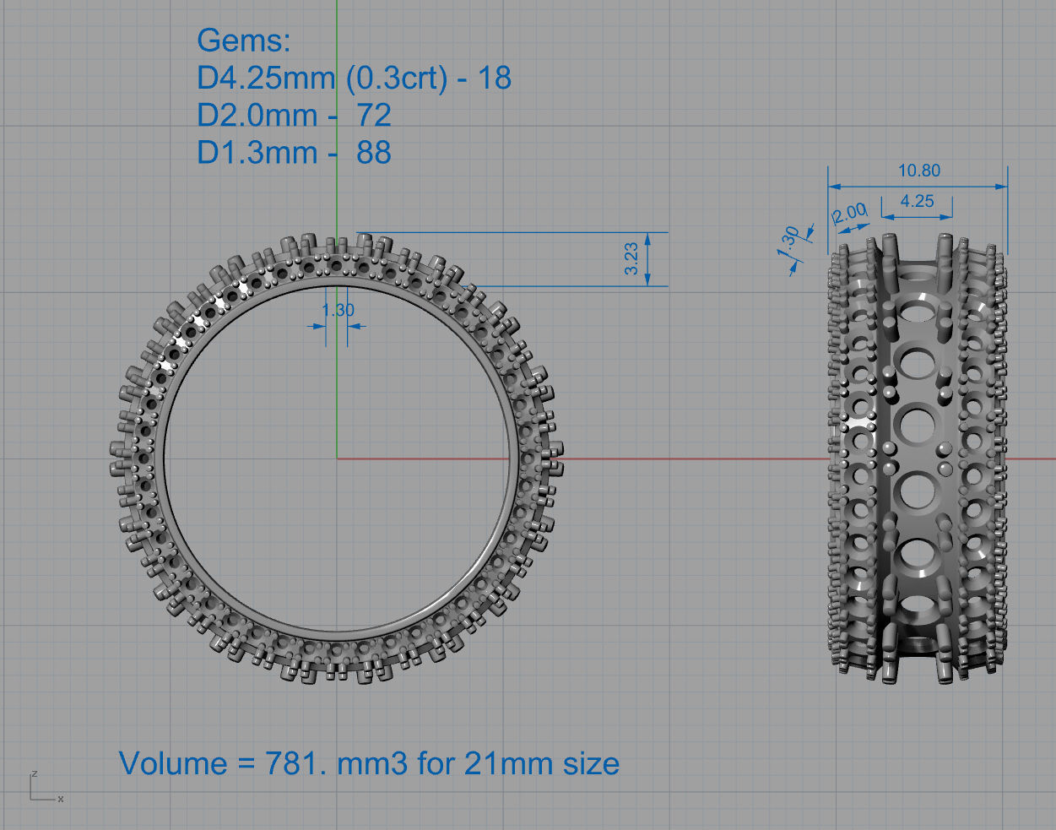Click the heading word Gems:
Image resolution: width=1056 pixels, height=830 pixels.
(x=243, y=41)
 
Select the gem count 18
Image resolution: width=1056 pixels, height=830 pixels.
(x=495, y=78)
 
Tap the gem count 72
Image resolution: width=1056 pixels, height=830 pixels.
(x=373, y=115)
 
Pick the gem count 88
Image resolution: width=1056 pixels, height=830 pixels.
(x=373, y=153)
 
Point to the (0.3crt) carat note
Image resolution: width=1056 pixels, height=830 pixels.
(x=397, y=78)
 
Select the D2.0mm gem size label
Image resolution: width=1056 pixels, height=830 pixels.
(x=257, y=115)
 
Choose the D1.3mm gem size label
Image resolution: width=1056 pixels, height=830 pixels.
(x=257, y=153)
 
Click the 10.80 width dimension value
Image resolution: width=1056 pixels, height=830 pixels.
(x=918, y=171)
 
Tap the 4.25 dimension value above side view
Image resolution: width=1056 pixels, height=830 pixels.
(x=917, y=201)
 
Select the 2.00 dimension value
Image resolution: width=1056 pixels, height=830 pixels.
(x=849, y=212)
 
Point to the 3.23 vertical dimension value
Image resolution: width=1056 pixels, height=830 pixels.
(x=631, y=258)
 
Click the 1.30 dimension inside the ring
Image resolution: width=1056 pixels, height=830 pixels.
(x=338, y=310)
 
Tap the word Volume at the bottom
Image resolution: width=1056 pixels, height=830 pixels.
(x=173, y=763)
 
